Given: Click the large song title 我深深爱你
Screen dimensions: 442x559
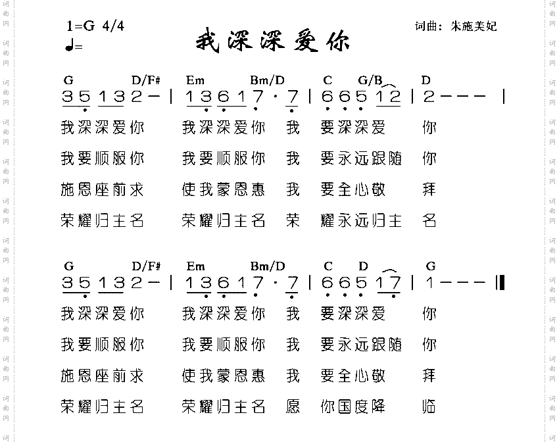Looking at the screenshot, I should [272, 41].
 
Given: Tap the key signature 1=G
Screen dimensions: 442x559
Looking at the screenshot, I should [81, 26].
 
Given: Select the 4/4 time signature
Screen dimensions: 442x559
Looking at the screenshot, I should [113, 26].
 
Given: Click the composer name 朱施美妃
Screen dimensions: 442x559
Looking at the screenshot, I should [474, 26].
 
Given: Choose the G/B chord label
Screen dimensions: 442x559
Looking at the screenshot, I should [370, 80].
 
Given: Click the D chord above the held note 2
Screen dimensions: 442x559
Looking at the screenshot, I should [426, 80].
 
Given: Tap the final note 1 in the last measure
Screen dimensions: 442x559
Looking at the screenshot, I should [429, 283].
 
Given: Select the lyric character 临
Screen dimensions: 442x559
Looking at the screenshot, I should [429, 406].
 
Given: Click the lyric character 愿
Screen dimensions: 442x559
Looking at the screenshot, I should [293, 406].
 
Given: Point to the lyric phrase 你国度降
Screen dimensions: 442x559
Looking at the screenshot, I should [361, 406].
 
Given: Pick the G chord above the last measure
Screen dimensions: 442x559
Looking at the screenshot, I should [431, 266].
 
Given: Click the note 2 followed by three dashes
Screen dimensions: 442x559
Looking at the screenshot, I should [429, 97].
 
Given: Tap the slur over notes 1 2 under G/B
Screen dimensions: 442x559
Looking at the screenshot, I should [388, 86].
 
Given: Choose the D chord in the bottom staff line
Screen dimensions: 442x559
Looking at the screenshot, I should [363, 266].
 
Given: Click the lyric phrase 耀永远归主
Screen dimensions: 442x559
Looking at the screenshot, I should [361, 220].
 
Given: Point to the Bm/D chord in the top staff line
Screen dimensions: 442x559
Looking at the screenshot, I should [267, 80].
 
